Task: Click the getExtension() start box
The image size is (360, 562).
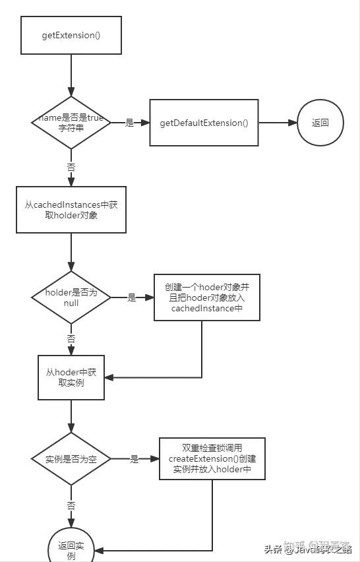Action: tap(71, 35)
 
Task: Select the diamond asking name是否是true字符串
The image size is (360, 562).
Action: tap(71, 123)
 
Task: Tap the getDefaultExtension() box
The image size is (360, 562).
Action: tap(204, 123)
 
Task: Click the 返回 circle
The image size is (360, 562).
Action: tap(320, 123)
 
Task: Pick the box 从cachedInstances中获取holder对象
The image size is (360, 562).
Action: tap(71, 209)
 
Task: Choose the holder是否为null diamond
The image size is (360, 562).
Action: tap(71, 297)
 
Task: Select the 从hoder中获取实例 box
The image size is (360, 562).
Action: tap(71, 377)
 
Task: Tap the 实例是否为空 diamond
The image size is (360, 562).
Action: tap(71, 458)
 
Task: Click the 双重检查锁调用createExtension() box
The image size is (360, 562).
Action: tap(212, 458)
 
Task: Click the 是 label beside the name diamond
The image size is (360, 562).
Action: tap(129, 123)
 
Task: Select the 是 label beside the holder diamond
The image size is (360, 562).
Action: tap(131, 297)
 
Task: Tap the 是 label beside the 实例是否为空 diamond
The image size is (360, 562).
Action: tap(135, 459)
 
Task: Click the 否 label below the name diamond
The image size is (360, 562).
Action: tap(71, 168)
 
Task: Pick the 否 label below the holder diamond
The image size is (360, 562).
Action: tap(71, 338)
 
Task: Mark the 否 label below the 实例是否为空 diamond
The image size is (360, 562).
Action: tap(71, 505)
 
